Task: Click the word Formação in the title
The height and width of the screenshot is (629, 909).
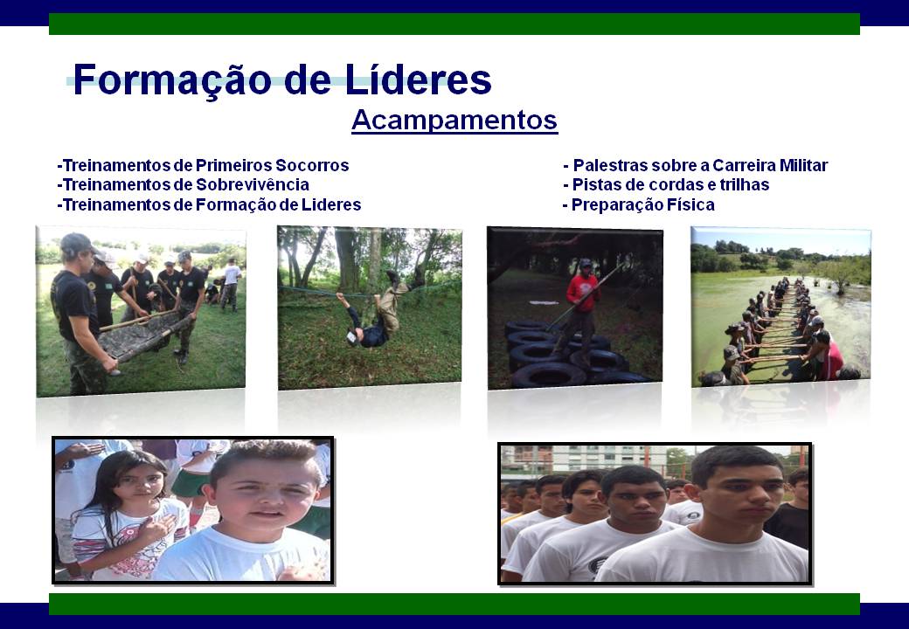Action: [x=172, y=80]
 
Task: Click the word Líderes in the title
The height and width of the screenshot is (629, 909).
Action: [x=418, y=79]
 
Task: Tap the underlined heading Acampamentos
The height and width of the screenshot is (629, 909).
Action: [x=454, y=121]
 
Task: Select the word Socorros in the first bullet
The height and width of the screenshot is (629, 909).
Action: [x=312, y=165]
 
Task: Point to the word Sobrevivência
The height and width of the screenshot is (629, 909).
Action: [x=253, y=184]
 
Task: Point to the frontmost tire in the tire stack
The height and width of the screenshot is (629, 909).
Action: [x=549, y=375]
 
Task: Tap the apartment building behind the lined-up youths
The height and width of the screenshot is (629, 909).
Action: [x=586, y=459]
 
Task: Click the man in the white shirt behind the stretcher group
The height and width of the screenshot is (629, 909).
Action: [x=232, y=285]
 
